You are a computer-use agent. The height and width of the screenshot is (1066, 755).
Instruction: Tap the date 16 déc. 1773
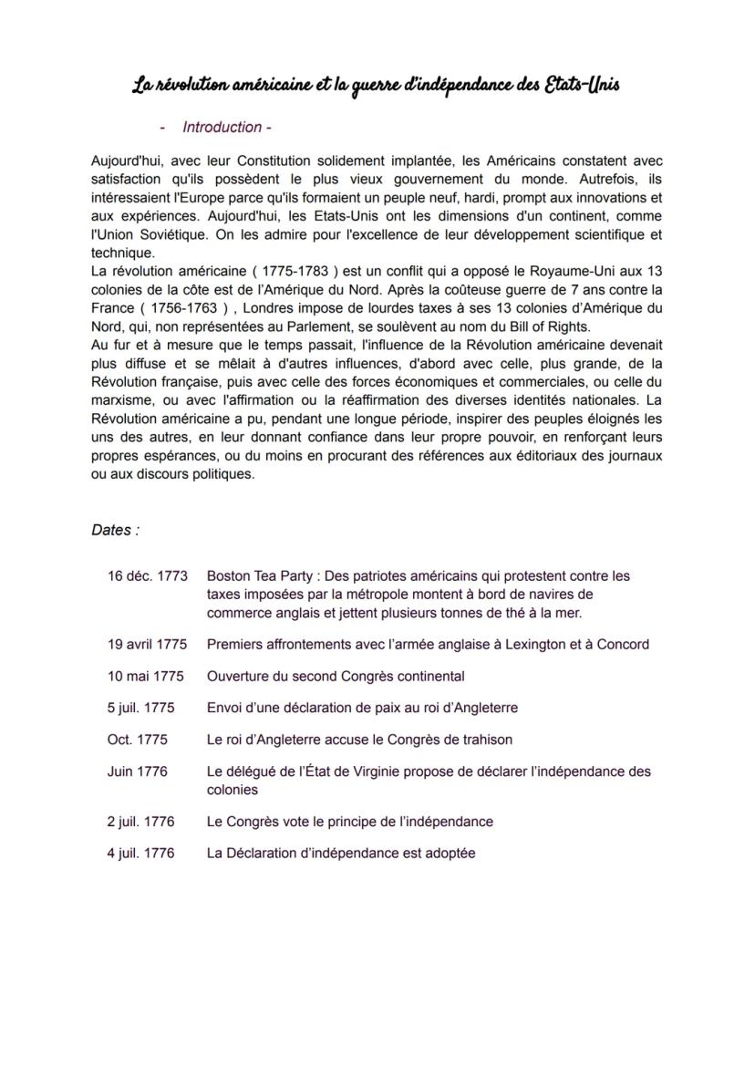[x=147, y=576]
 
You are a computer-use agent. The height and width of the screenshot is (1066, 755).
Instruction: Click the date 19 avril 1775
[x=147, y=645]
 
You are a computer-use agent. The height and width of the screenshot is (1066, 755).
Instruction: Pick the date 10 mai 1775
[x=145, y=677]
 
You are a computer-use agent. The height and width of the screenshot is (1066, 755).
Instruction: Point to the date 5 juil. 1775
[x=140, y=708]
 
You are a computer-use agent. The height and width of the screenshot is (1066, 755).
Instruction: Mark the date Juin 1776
[x=137, y=771]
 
